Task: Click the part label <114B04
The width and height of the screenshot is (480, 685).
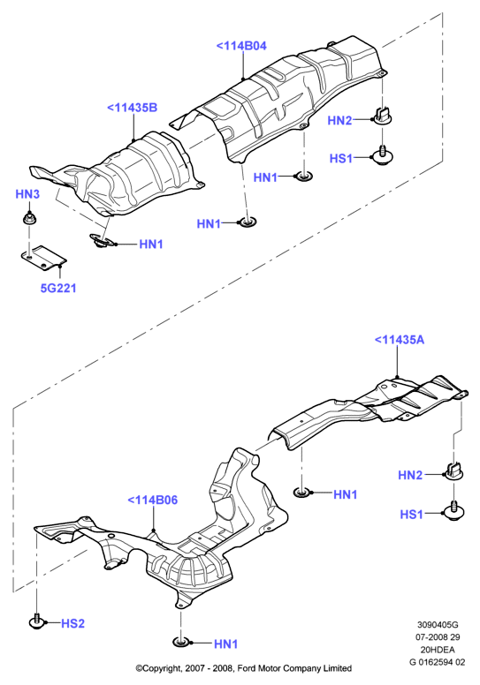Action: [241, 46]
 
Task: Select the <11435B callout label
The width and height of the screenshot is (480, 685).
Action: [132, 108]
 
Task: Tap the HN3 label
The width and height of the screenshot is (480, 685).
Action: [27, 194]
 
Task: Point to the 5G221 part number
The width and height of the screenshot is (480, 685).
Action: [58, 288]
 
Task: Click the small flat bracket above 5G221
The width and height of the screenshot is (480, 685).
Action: [43, 258]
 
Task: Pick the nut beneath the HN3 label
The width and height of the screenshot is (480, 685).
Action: [29, 217]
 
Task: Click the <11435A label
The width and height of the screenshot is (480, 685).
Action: [400, 340]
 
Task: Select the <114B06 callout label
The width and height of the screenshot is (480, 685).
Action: [152, 500]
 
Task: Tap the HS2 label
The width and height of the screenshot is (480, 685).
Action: [72, 623]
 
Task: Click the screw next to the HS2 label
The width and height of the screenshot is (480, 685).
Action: [36, 621]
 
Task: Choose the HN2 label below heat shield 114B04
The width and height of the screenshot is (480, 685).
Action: [339, 120]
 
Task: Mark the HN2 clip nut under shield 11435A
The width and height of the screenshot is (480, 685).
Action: [454, 471]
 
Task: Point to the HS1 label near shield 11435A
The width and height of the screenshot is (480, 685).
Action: [412, 514]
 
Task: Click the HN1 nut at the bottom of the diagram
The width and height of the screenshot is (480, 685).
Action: [180, 643]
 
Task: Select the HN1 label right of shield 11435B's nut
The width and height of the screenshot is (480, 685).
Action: [151, 245]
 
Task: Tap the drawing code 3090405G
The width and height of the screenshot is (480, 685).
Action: [438, 625]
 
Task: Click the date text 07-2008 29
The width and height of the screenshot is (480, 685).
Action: [438, 637]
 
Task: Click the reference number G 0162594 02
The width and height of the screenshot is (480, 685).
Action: [438, 662]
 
